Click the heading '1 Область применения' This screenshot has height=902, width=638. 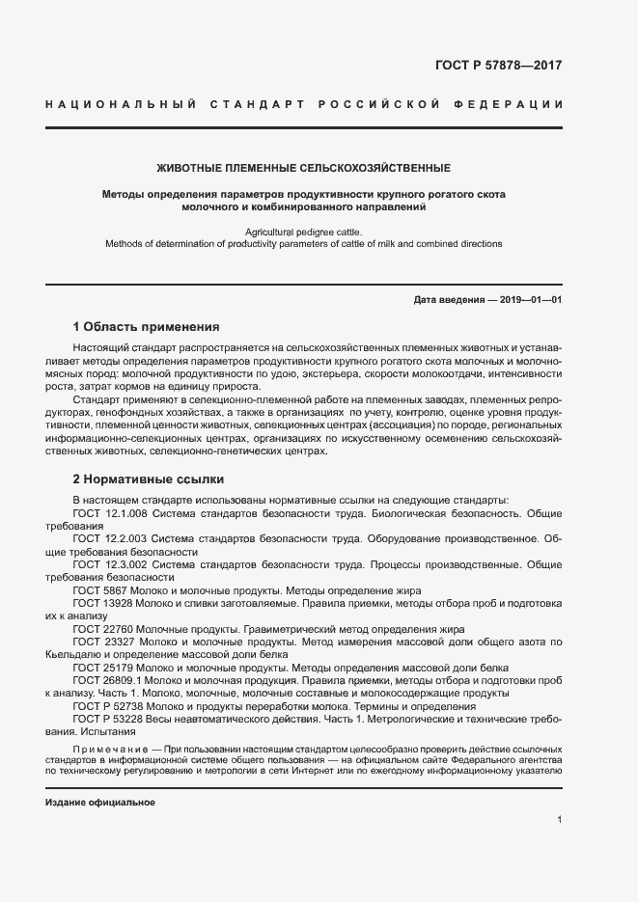click(147, 327)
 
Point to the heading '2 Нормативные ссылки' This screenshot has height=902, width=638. click(149, 478)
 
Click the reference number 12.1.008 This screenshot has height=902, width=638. click(125, 514)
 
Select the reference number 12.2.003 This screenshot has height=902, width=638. click(125, 539)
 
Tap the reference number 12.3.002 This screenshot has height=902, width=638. click(125, 564)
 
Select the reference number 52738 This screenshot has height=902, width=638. click(125, 705)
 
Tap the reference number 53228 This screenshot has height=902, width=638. click(125, 718)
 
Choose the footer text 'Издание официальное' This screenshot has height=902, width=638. click(100, 803)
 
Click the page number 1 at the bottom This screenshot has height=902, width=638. click(559, 820)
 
